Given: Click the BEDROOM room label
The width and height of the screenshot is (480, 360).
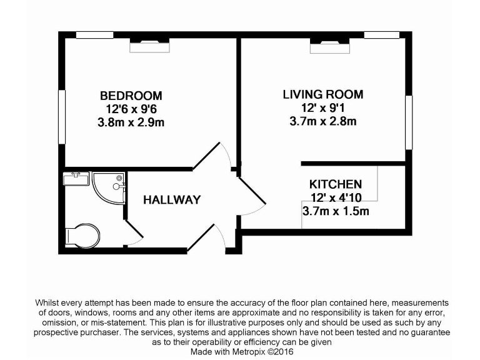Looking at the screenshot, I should coord(131,96).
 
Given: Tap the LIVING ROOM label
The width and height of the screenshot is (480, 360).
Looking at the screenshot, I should coord(322,95).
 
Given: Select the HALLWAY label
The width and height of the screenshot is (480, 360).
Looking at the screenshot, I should coord(172,200).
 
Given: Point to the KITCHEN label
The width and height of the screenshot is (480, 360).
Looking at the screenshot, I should coord(336,184).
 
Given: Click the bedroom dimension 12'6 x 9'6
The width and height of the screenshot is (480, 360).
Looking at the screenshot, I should coord(131,109).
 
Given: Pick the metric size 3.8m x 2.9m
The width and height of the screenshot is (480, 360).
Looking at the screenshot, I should coord(131,123).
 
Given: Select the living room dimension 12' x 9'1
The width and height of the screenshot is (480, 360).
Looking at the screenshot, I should coord(322,108).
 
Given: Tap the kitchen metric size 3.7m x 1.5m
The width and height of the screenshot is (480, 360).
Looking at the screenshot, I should coord(336,211).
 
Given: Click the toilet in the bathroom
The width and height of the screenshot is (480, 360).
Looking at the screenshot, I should coord(82,236).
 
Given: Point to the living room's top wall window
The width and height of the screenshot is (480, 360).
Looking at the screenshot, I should coord(381,35).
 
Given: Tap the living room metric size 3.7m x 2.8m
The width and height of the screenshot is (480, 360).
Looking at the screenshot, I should coord(322,122).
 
